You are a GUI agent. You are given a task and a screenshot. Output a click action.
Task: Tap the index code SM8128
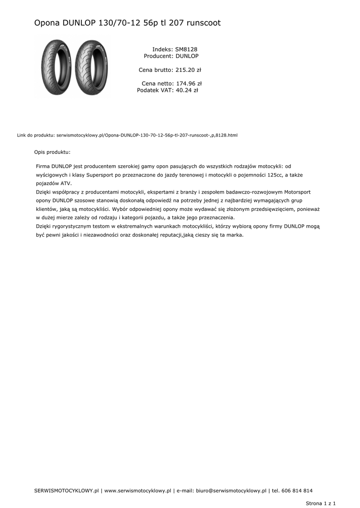(186, 49)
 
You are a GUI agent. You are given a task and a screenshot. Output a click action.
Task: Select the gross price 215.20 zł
(188, 70)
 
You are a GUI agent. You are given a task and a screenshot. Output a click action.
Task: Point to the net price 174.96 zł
(189, 83)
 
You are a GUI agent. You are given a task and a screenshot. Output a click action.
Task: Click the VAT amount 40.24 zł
(187, 90)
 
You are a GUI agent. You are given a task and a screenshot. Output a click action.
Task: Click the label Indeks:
(162, 49)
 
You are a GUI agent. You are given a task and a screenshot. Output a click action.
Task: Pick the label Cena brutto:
(156, 70)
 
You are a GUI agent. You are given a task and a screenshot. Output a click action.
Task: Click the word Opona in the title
(47, 23)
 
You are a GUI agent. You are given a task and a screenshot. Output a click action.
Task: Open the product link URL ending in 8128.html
(147, 135)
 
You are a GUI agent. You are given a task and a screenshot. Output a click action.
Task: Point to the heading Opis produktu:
(52, 152)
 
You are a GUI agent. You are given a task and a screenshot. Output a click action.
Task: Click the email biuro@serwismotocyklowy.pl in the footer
(231, 491)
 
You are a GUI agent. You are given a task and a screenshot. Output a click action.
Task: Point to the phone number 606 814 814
(296, 491)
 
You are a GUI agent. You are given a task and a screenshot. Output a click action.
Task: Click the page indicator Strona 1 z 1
(321, 503)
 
